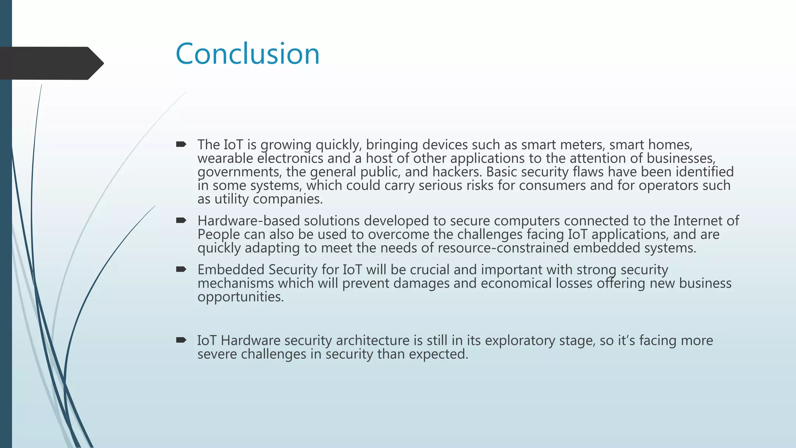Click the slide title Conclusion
click(x=248, y=54)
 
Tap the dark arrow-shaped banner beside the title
click(x=51, y=63)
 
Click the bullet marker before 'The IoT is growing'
click(x=181, y=145)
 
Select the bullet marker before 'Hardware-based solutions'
click(x=181, y=221)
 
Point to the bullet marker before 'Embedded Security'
click(x=181, y=269)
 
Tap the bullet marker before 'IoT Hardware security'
click(x=181, y=340)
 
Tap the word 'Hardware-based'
click(x=248, y=221)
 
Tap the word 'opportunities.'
click(x=241, y=297)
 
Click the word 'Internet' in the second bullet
click(x=698, y=221)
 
